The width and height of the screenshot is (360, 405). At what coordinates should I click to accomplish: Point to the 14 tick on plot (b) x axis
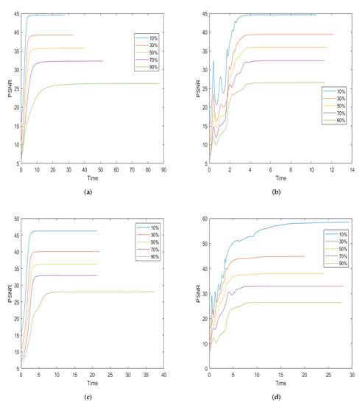pos(352,171)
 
